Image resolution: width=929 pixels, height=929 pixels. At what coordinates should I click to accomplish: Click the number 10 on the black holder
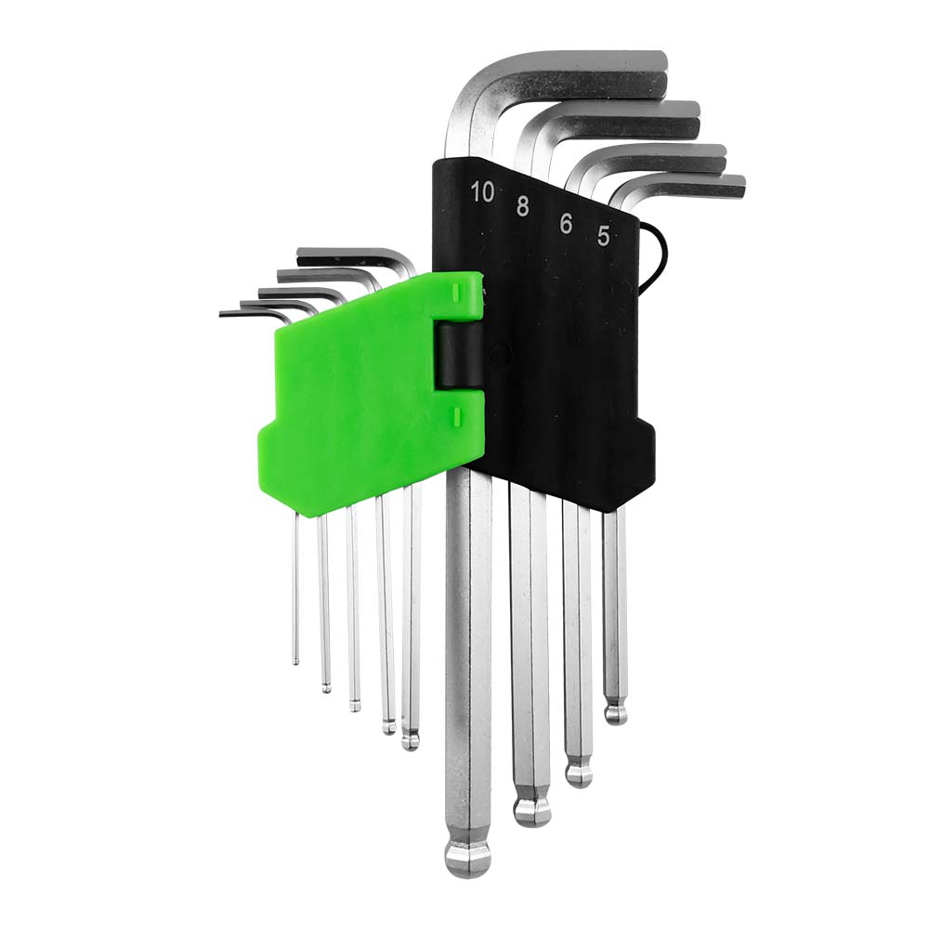[481, 191]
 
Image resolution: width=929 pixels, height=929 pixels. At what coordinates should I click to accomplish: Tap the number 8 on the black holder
[522, 206]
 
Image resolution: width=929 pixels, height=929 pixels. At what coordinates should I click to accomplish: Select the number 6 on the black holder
[566, 223]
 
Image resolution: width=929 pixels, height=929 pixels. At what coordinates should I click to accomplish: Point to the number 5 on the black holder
[603, 236]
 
